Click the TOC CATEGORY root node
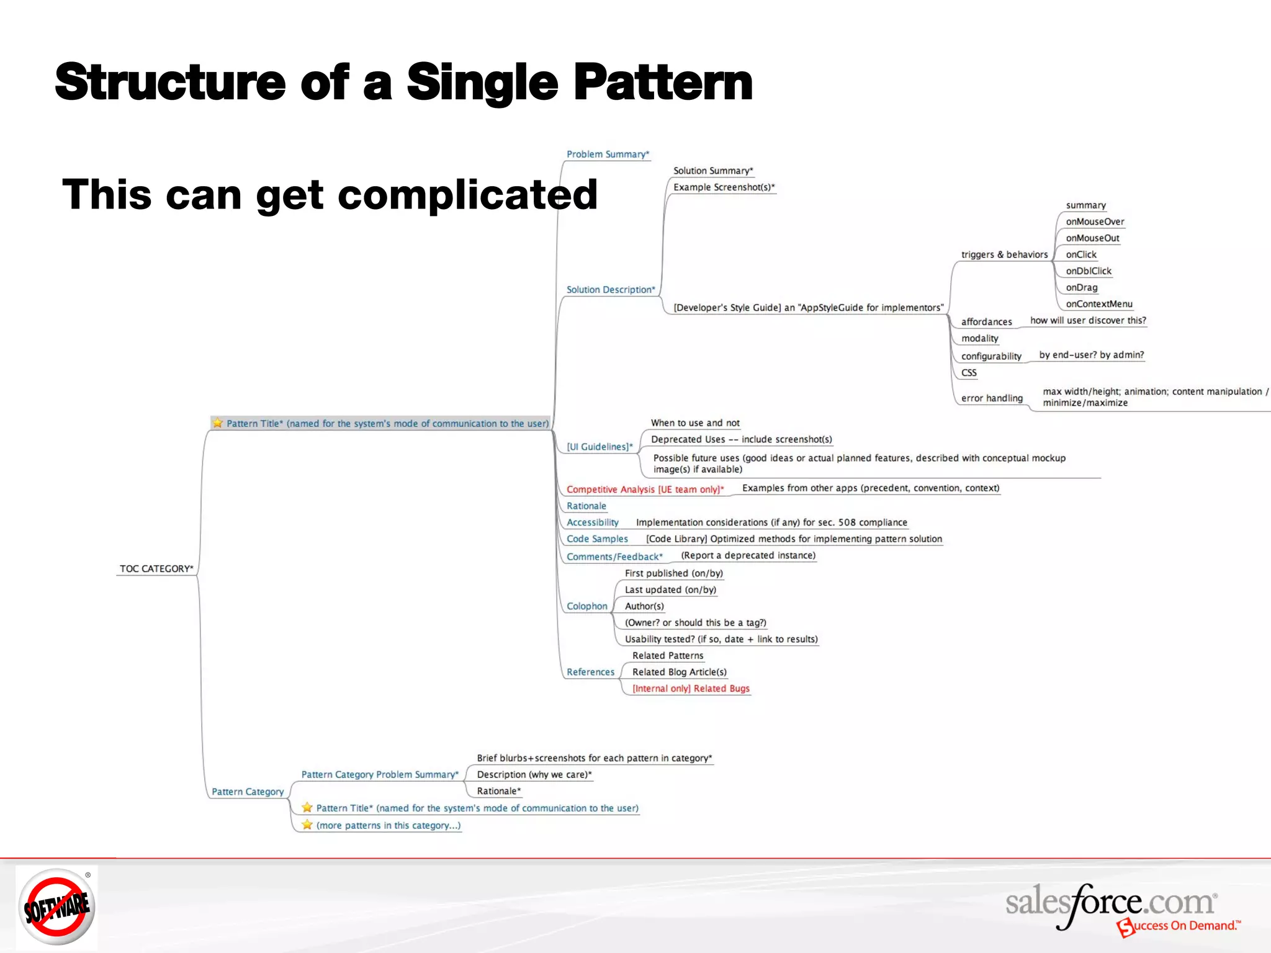156,568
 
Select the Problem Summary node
607,154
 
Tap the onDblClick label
1088,271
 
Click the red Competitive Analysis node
644,490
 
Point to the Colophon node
586,606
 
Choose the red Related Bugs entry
690,689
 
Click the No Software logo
56,906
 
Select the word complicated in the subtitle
467,195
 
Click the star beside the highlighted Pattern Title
218,423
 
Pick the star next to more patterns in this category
307,825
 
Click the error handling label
991,398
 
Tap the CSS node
968,373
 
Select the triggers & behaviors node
1004,254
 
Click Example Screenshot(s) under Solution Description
723,187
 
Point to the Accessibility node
592,522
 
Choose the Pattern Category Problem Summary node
379,774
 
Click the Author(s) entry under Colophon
644,606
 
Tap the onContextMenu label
1098,304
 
